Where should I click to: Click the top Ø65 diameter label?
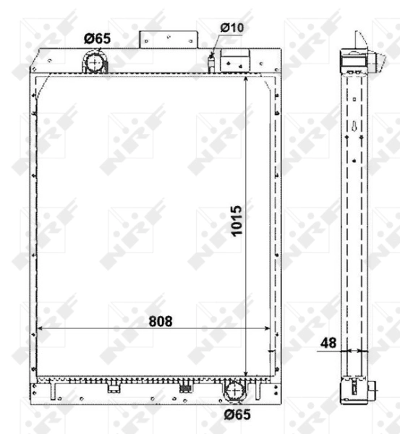(x=96, y=38)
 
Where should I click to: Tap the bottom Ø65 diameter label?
(x=237, y=414)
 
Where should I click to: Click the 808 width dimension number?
(x=161, y=322)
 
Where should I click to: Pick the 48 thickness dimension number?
(x=328, y=343)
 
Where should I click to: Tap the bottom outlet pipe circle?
(x=235, y=391)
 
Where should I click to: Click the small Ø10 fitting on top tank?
(x=211, y=63)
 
